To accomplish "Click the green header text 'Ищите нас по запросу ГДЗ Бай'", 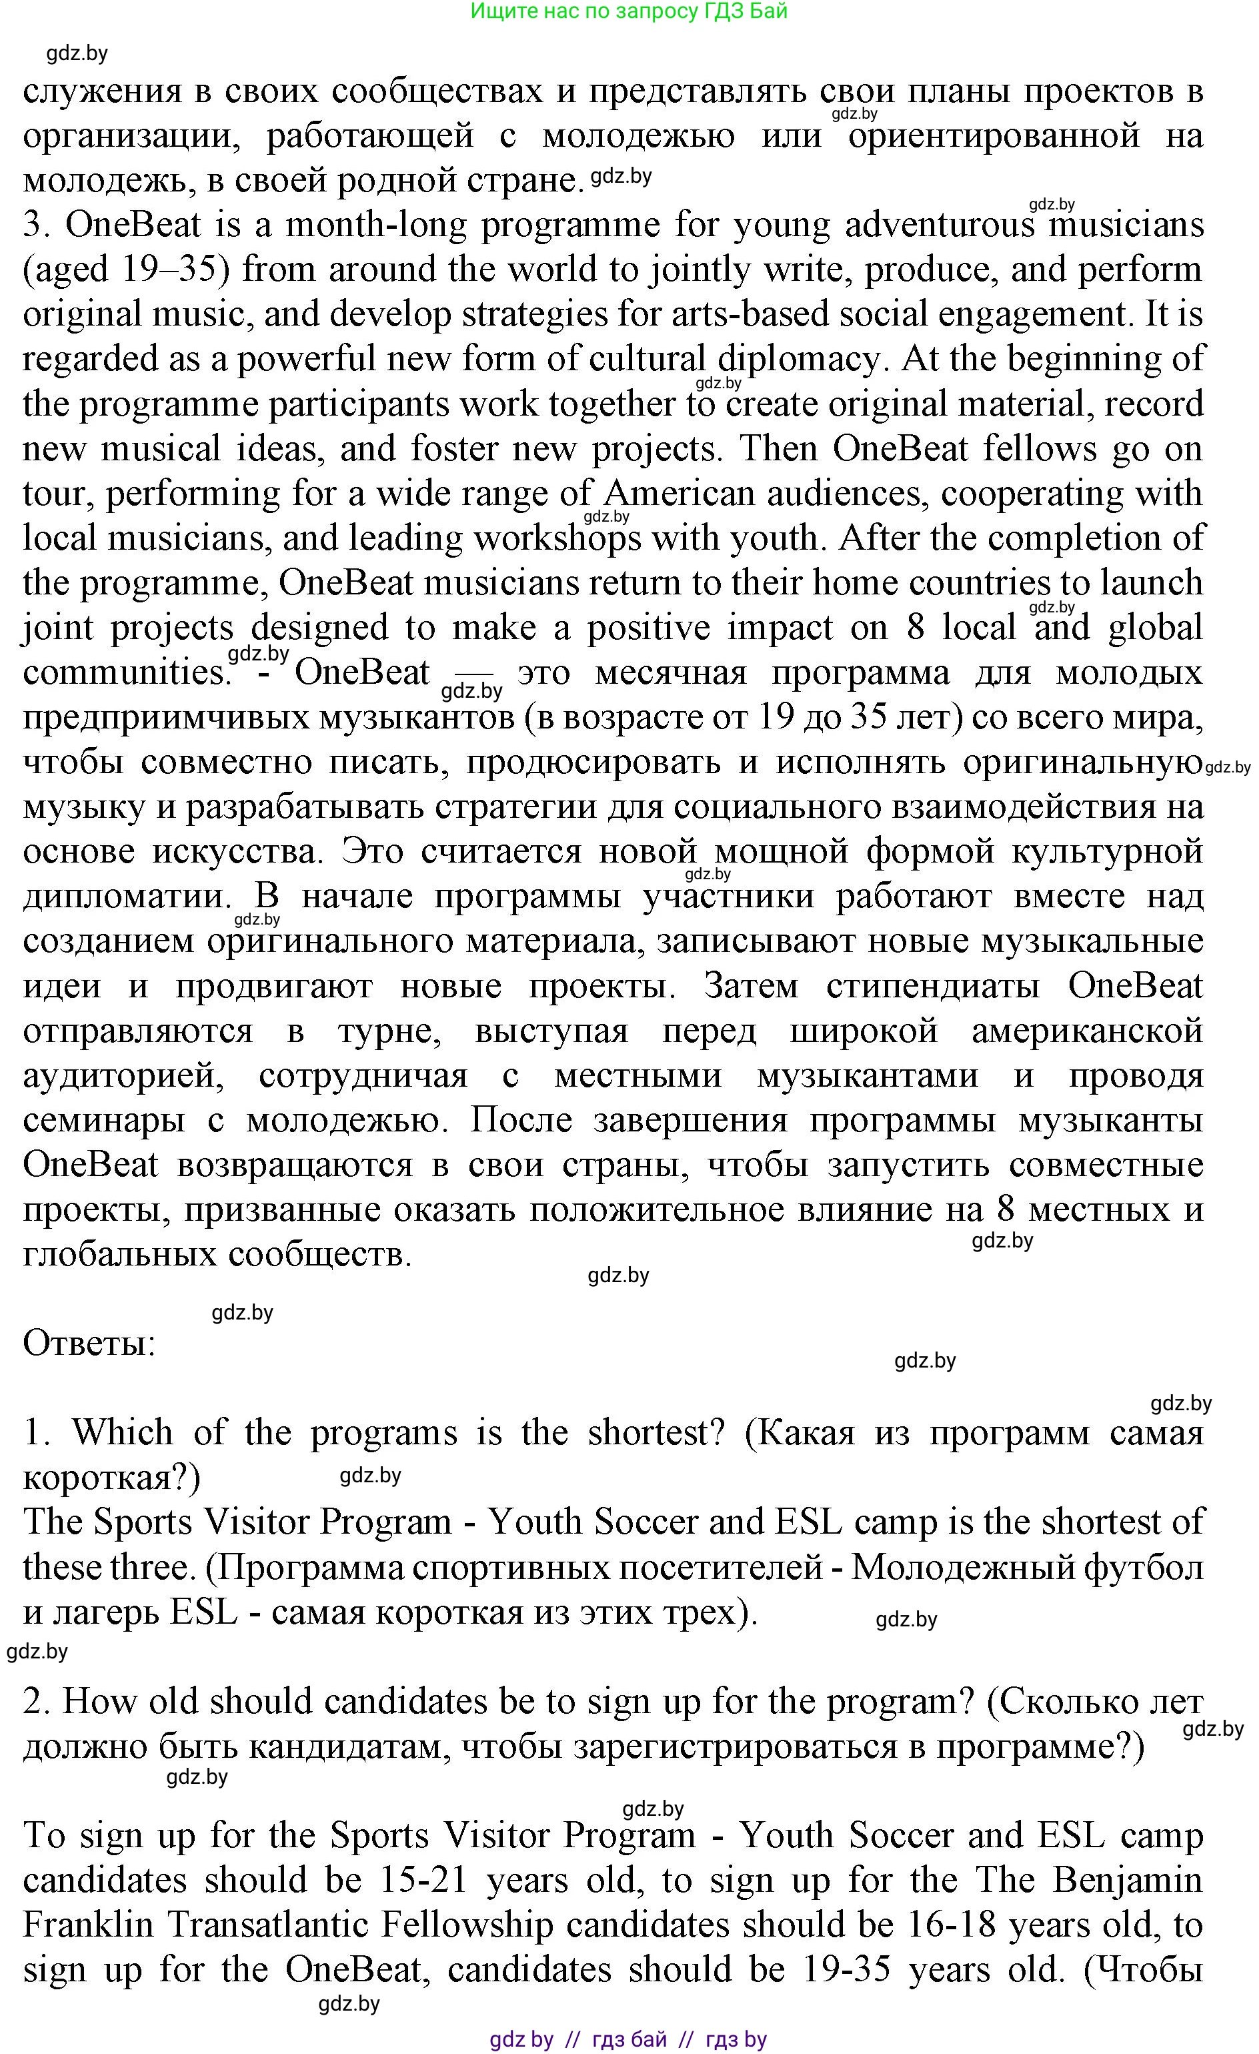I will point(628,11).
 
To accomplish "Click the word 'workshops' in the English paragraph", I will point(557,539).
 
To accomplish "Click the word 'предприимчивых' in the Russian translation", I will point(166,718).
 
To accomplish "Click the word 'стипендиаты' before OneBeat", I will point(932,987).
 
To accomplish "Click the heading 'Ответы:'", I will point(89,1344).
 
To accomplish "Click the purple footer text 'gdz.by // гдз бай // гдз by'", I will point(628,2040).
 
